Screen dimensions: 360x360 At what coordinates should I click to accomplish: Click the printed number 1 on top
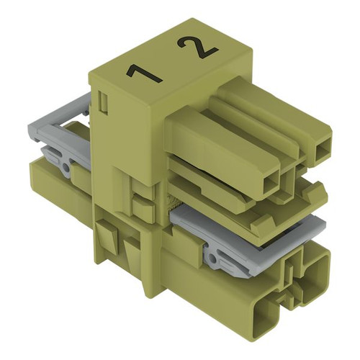click(144, 75)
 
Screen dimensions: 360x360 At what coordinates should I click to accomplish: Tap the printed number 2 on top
click(197, 48)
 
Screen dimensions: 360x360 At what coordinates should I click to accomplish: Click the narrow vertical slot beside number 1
click(104, 102)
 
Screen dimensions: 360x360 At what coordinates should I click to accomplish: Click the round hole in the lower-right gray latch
click(212, 258)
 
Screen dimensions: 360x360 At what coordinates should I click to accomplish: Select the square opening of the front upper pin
click(271, 185)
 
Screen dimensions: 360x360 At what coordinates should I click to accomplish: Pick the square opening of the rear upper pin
click(322, 153)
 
